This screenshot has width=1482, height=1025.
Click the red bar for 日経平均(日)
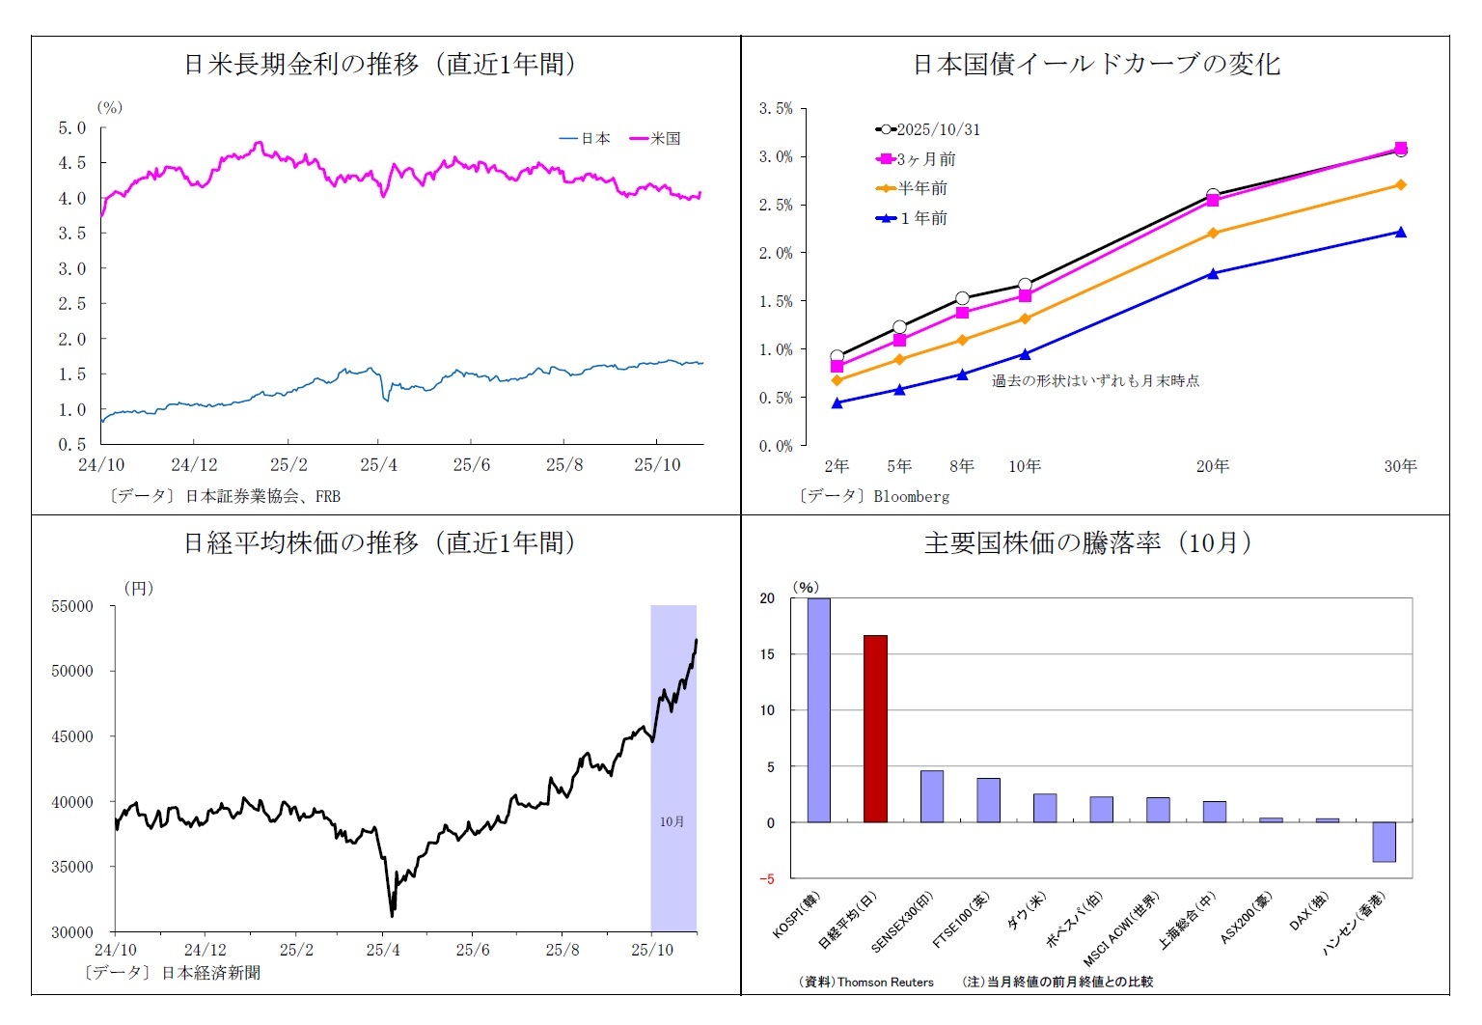tap(875, 729)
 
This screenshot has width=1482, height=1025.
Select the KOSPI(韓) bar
tap(818, 710)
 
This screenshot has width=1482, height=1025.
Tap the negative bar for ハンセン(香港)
tap(1384, 842)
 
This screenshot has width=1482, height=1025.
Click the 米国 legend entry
tap(656, 139)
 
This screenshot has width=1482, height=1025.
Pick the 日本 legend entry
tap(586, 139)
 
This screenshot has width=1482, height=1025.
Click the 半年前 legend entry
tap(912, 188)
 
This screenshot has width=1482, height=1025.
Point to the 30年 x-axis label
tap(1400, 466)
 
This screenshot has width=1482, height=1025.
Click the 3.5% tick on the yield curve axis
tap(776, 108)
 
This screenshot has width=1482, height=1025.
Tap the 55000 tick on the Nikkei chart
tap(72, 606)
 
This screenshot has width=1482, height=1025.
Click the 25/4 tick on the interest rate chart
tap(378, 465)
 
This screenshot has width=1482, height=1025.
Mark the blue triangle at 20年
tap(1213, 273)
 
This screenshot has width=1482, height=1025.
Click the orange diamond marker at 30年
tap(1400, 184)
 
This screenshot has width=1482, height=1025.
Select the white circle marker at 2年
tap(837, 356)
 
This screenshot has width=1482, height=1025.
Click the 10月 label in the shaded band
tap(672, 821)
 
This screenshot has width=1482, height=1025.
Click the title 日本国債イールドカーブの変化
tap(1096, 65)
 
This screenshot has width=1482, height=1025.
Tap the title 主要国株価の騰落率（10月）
tap(1087, 543)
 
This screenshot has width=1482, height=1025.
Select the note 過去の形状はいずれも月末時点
tap(1095, 380)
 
